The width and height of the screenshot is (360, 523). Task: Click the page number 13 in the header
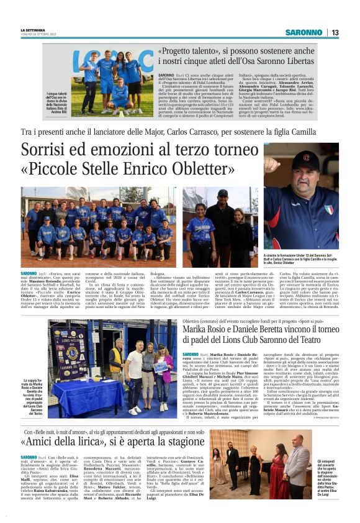pos(334,32)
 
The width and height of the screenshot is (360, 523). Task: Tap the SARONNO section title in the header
pos(304,32)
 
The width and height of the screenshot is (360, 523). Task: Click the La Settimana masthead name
pos(32,29)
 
